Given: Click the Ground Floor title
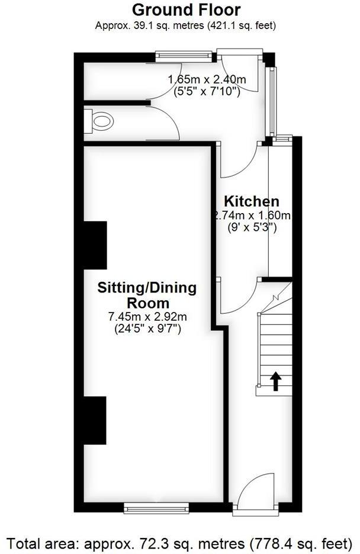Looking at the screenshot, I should point(186,9).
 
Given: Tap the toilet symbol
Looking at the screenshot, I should point(100,121).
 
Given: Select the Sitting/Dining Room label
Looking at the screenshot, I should point(146,295).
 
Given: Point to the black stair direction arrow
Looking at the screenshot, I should point(275,381).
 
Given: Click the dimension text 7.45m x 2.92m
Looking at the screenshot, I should point(147,317).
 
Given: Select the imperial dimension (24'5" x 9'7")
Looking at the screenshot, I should point(147,328).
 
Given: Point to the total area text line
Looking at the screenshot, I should point(180,542).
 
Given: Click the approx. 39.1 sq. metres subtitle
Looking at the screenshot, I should point(186,25).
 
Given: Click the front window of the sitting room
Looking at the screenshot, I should point(156,507).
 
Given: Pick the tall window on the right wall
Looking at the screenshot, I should point(272,101).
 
